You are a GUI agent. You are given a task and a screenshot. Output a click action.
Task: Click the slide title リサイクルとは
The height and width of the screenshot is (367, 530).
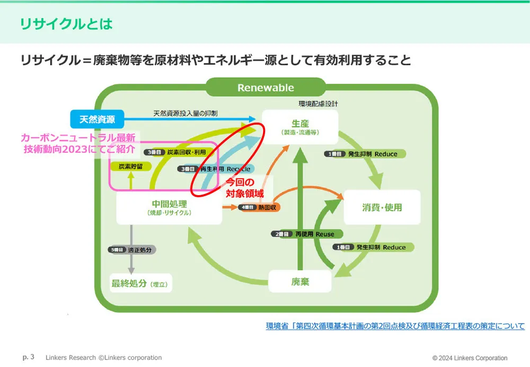[66, 24]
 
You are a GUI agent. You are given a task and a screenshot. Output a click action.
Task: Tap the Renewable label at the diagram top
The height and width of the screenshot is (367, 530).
[265, 88]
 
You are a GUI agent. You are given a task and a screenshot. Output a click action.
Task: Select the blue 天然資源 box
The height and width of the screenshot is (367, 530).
[97, 119]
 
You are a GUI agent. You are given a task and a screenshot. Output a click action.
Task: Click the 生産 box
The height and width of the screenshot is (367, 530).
[300, 126]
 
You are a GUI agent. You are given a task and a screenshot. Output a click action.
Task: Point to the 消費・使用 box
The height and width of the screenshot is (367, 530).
[382, 207]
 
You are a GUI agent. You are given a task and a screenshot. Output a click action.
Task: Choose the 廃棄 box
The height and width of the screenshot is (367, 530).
[300, 282]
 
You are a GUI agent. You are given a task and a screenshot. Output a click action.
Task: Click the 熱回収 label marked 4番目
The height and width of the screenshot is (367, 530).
[259, 207]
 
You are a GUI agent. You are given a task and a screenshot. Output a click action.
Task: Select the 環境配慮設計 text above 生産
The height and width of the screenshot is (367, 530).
[318, 104]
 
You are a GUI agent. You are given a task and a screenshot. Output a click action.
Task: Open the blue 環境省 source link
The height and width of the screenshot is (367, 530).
[395, 326]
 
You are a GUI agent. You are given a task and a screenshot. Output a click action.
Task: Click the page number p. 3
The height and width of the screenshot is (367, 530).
[29, 357]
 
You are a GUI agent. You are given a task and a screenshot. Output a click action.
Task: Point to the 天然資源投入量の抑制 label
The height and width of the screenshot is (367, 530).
[185, 113]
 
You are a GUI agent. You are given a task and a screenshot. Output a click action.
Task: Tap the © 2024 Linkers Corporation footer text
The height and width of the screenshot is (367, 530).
[470, 358]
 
